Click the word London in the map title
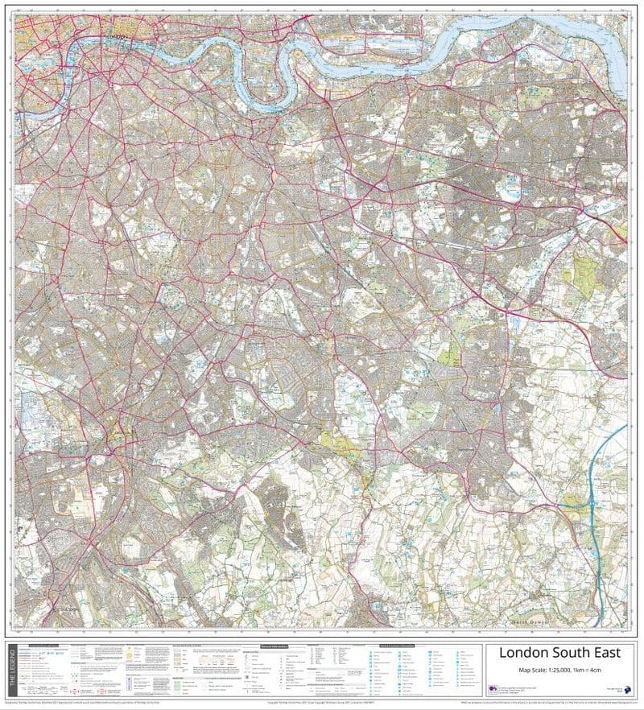click(526, 652)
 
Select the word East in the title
click(607, 652)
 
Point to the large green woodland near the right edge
click(584, 274)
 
